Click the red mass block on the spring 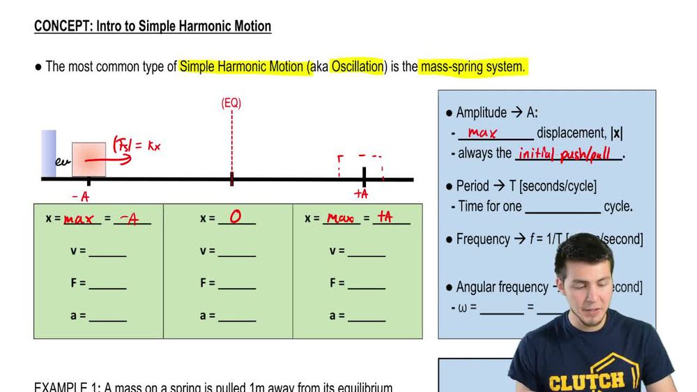pos(89,159)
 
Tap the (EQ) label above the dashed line pos(231,103)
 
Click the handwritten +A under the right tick pos(362,194)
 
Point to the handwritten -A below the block pos(80,197)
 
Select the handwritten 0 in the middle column pos(236,217)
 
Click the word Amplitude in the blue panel pos(482,113)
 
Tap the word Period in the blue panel pos(473,186)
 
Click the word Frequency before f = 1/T pos(483,239)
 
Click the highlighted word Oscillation pos(358,67)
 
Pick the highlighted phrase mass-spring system pos(472,67)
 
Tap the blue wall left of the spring pos(48,153)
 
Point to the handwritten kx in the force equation pos(154,146)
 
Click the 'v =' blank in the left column pos(107,251)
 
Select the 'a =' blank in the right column pos(366,316)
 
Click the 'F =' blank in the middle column pos(236,283)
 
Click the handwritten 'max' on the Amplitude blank pos(482,133)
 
